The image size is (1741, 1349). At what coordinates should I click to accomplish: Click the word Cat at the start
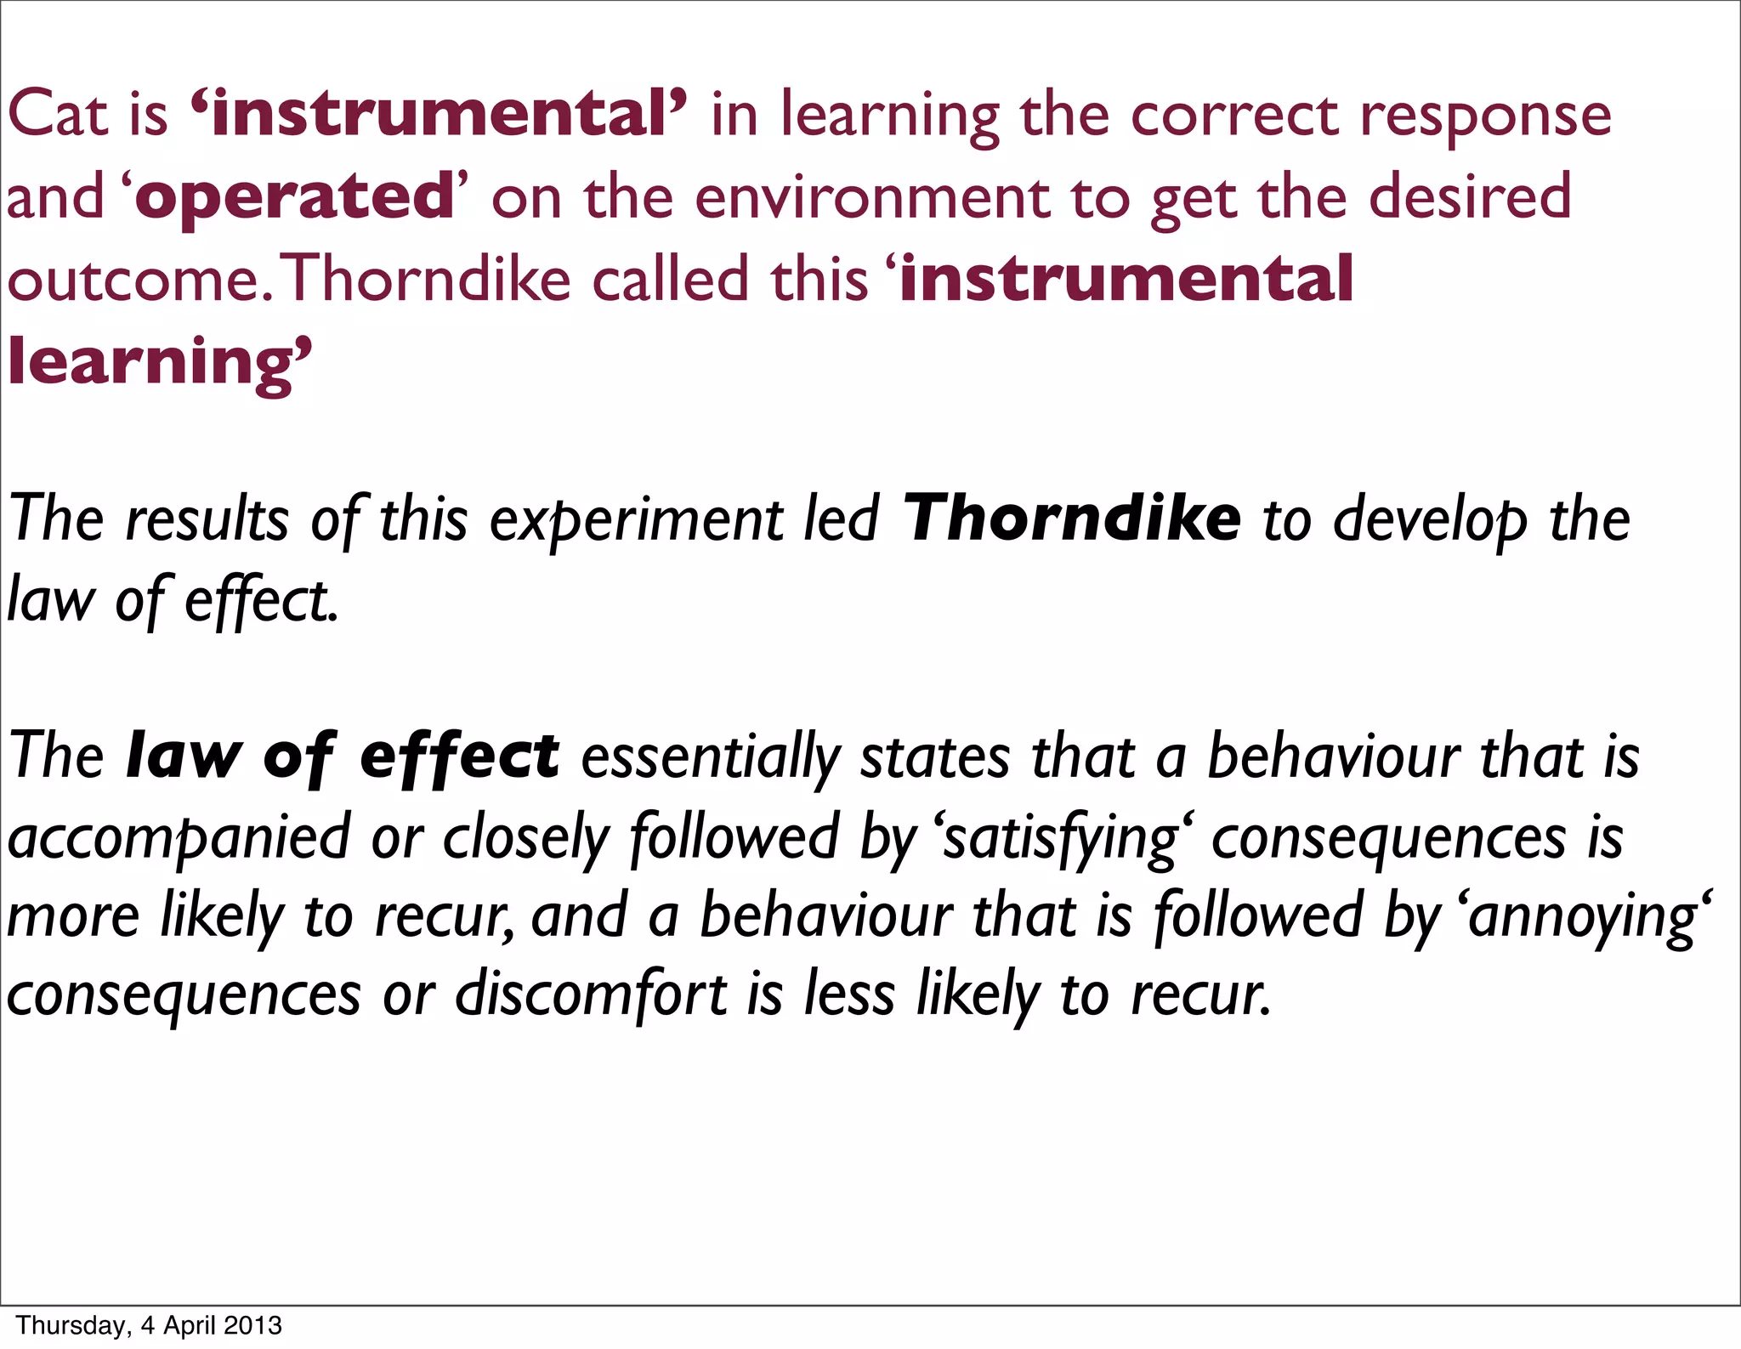pos(57,115)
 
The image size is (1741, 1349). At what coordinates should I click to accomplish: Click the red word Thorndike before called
pos(428,279)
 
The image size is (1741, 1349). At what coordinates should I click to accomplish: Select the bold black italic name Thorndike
pos(1071,519)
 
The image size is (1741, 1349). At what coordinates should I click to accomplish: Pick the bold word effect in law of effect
pos(459,757)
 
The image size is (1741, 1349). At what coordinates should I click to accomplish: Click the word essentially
pos(711,758)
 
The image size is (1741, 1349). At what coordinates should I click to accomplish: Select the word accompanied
pos(179,838)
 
